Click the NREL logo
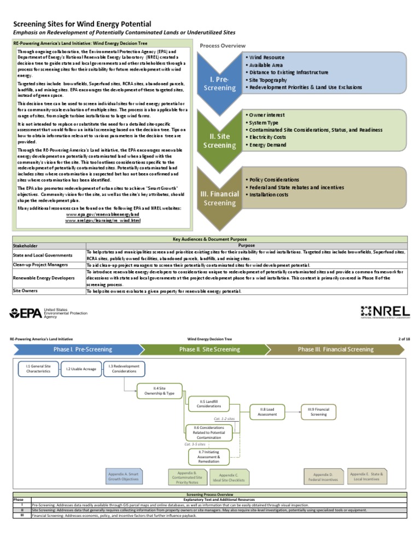(x=385, y=313)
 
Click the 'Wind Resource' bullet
(x=266, y=57)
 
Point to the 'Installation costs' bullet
(x=268, y=195)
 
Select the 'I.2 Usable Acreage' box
(x=81, y=369)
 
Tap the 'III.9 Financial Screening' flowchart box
(x=318, y=411)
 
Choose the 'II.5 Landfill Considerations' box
(x=209, y=404)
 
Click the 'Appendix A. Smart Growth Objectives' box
(x=123, y=476)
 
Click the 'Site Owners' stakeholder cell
(x=25, y=291)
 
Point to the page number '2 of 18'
(x=404, y=339)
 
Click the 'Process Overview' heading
(x=223, y=45)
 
